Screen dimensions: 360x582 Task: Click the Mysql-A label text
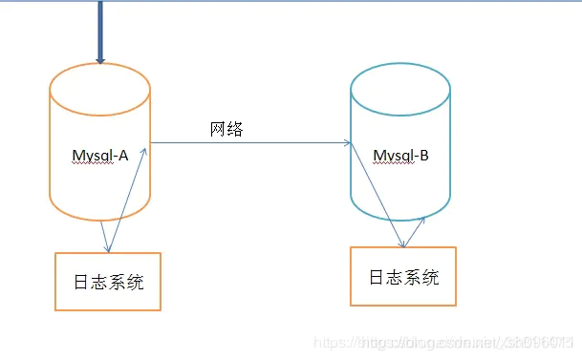tap(100, 156)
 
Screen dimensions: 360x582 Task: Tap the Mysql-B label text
tap(400, 156)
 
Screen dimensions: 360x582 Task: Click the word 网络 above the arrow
tap(226, 129)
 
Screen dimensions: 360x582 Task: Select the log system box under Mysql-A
tap(108, 282)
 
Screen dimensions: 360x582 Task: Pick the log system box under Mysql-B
tap(403, 277)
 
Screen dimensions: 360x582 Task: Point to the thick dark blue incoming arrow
tap(98, 29)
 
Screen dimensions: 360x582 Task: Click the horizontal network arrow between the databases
tap(248, 143)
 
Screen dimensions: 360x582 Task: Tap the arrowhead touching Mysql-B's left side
tap(347, 143)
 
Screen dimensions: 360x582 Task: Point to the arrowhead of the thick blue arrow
tap(98, 60)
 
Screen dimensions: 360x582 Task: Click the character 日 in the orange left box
tap(82, 283)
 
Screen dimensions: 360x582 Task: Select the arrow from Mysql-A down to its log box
tap(104, 235)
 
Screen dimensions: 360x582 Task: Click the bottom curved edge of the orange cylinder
tap(100, 219)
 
